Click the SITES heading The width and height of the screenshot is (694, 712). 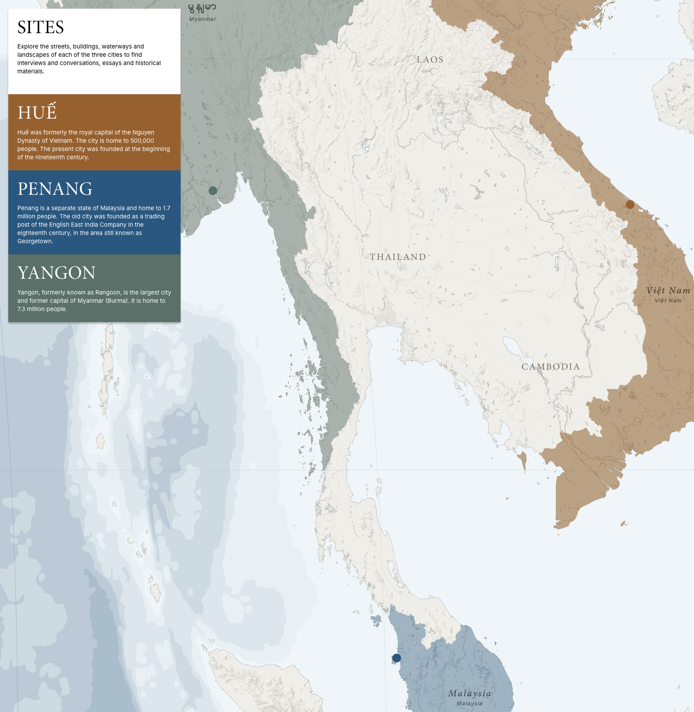click(41, 27)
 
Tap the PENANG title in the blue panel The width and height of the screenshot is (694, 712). click(55, 189)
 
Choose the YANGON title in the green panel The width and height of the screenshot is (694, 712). click(56, 273)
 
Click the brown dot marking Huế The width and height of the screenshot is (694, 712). click(630, 205)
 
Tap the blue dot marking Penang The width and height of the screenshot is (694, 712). click(397, 658)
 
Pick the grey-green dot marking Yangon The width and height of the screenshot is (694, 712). click(213, 191)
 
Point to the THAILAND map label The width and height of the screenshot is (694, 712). click(398, 257)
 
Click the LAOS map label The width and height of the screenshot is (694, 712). click(430, 60)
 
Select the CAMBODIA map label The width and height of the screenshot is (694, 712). click(551, 367)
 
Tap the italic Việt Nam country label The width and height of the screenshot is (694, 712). click(668, 291)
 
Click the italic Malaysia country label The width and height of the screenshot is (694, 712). click(470, 693)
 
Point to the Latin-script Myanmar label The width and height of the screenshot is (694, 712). click(203, 19)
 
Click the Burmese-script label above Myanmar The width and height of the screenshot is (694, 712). click(202, 8)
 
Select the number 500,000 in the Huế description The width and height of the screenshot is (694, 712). click(142, 141)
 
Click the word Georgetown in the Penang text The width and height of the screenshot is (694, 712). click(34, 241)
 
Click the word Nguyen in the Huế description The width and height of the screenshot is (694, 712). click(143, 132)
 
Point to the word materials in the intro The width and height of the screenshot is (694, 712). click(30, 71)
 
